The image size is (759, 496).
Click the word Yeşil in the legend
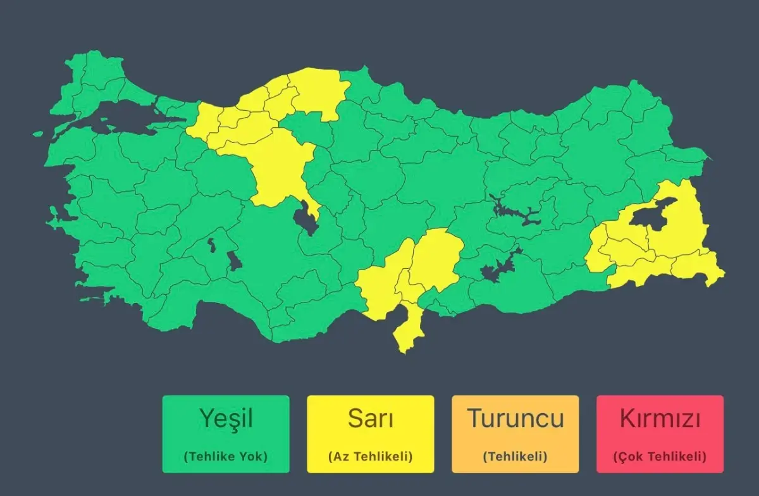pyautogui.click(x=226, y=418)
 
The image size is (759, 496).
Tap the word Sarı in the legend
pyautogui.click(x=371, y=418)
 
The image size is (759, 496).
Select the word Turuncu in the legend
pyautogui.click(x=515, y=418)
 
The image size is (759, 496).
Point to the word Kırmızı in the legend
pyautogui.click(x=660, y=418)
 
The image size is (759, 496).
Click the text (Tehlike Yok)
pyautogui.click(x=226, y=456)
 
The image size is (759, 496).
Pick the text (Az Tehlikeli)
pyautogui.click(x=371, y=456)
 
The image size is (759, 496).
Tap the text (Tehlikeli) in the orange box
pyautogui.click(x=515, y=456)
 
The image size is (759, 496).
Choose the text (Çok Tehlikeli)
pyautogui.click(x=660, y=456)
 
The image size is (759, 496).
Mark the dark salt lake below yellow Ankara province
pyautogui.click(x=305, y=218)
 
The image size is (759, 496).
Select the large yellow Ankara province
pyautogui.click(x=278, y=168)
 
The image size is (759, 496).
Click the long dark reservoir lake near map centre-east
pyautogui.click(x=515, y=213)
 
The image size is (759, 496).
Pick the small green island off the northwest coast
pyautogui.click(x=38, y=134)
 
